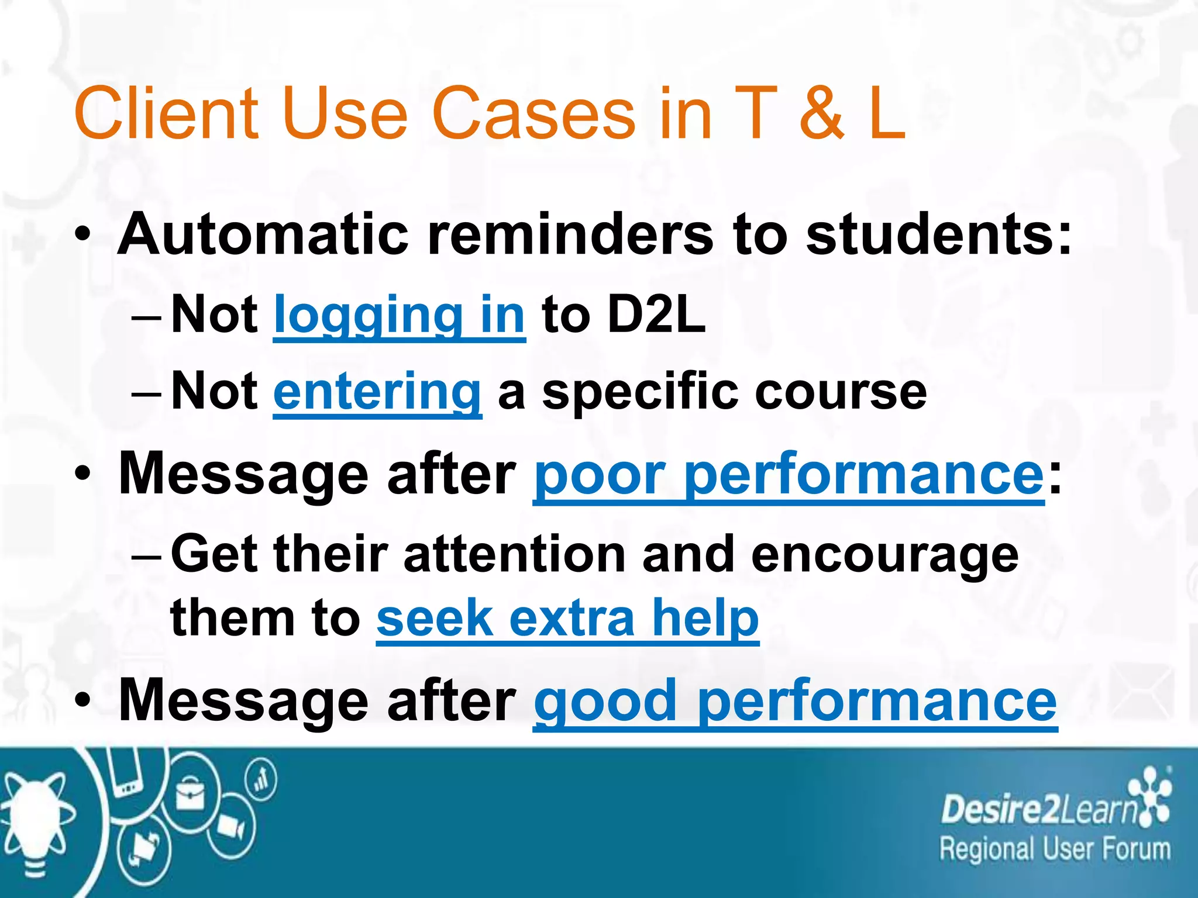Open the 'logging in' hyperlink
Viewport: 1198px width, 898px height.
click(x=399, y=316)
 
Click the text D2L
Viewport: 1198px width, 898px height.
click(x=656, y=315)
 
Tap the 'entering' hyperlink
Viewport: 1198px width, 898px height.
click(x=377, y=392)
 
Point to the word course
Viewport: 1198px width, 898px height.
click(x=841, y=392)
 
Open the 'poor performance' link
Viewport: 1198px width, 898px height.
click(x=788, y=474)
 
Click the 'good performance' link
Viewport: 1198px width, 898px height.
click(x=795, y=701)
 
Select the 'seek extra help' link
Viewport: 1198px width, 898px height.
click(x=567, y=619)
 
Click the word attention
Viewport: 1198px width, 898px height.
click(x=515, y=554)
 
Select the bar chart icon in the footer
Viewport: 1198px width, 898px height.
click(x=261, y=780)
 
